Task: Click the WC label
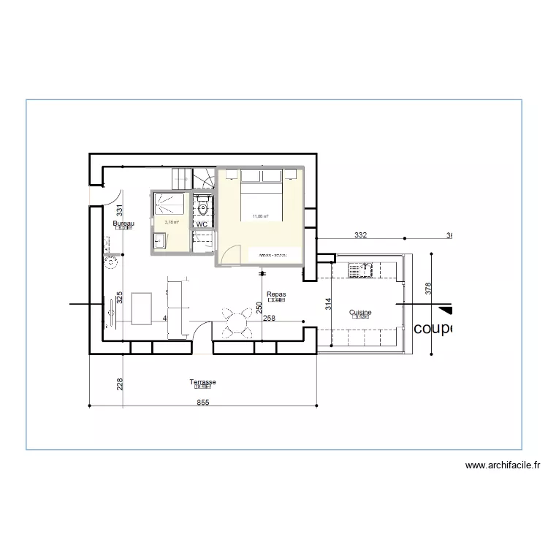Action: tap(202, 224)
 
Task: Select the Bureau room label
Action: tap(123, 223)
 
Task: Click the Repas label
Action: tap(276, 294)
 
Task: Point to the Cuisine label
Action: tap(360, 313)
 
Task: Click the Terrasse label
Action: tap(202, 382)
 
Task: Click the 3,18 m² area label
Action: tap(172, 222)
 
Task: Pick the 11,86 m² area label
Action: tap(260, 216)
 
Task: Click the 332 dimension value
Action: tap(360, 235)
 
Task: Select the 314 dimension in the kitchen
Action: tap(329, 305)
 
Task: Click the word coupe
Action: tap(433, 329)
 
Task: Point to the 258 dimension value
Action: tap(269, 319)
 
